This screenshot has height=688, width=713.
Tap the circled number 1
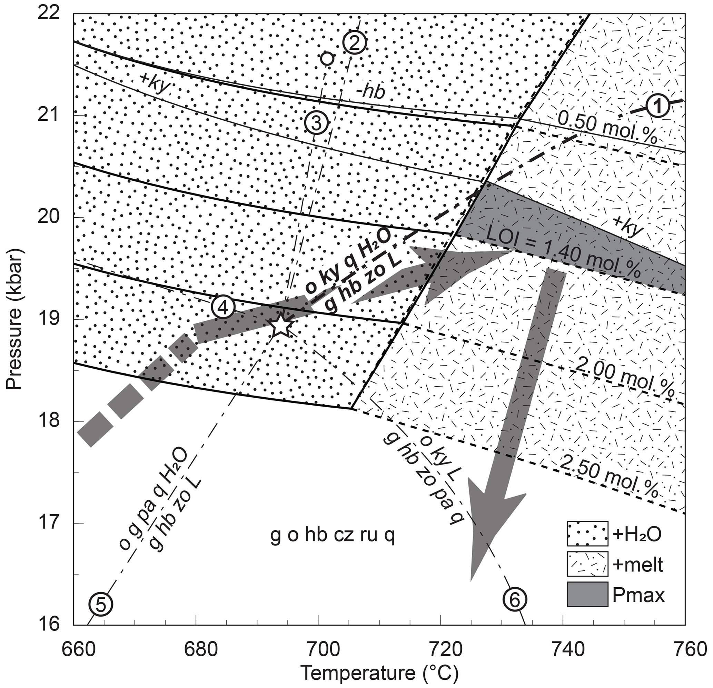pos(658,108)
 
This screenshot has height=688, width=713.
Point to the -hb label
pos(370,93)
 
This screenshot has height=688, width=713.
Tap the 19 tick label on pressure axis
pos(55,319)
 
